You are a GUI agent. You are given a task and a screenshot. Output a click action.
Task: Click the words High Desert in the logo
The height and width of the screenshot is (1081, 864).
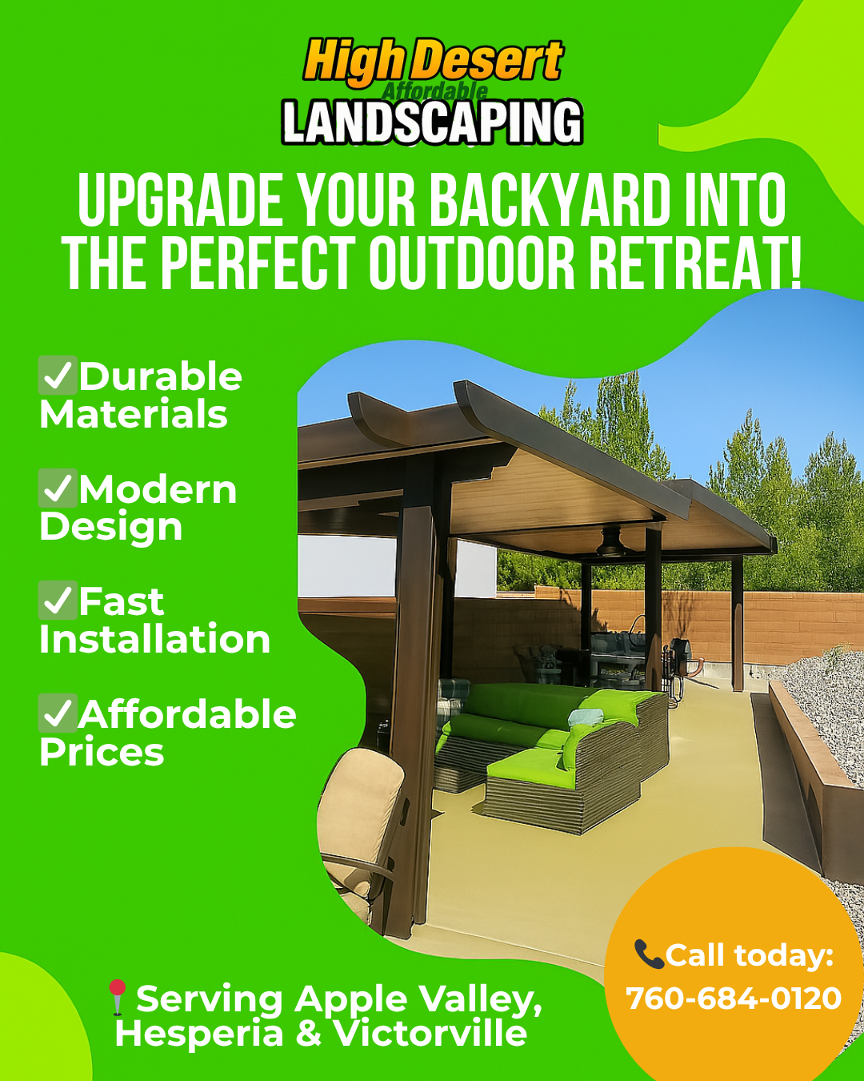433,63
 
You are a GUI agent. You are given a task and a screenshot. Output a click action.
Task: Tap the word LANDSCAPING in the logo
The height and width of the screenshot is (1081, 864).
432,122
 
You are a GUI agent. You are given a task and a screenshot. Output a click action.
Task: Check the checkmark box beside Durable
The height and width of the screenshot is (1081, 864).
58,376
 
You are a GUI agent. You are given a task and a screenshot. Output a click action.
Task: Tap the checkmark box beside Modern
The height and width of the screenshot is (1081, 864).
58,488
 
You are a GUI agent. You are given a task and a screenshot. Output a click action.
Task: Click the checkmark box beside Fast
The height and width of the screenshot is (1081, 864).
58,601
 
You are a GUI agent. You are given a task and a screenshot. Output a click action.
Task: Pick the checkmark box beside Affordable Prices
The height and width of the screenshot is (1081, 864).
58,713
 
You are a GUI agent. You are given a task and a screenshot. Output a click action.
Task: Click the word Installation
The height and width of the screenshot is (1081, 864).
154,639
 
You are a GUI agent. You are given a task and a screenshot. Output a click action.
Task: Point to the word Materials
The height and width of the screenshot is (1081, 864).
134,414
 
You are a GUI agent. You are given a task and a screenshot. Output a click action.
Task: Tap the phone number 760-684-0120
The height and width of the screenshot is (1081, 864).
734,998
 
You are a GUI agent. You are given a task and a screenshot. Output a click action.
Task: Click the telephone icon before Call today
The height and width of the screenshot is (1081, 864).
649,954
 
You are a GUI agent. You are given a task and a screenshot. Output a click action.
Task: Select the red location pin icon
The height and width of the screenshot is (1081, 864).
118,997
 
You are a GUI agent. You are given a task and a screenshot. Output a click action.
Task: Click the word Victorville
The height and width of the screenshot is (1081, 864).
431,1033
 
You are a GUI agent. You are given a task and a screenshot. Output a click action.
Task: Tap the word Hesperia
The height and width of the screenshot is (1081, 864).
199,1035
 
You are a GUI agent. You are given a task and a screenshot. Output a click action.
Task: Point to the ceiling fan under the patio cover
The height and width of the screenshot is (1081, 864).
611,543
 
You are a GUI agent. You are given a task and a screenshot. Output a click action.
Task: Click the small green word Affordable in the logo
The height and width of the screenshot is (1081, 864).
434,92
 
